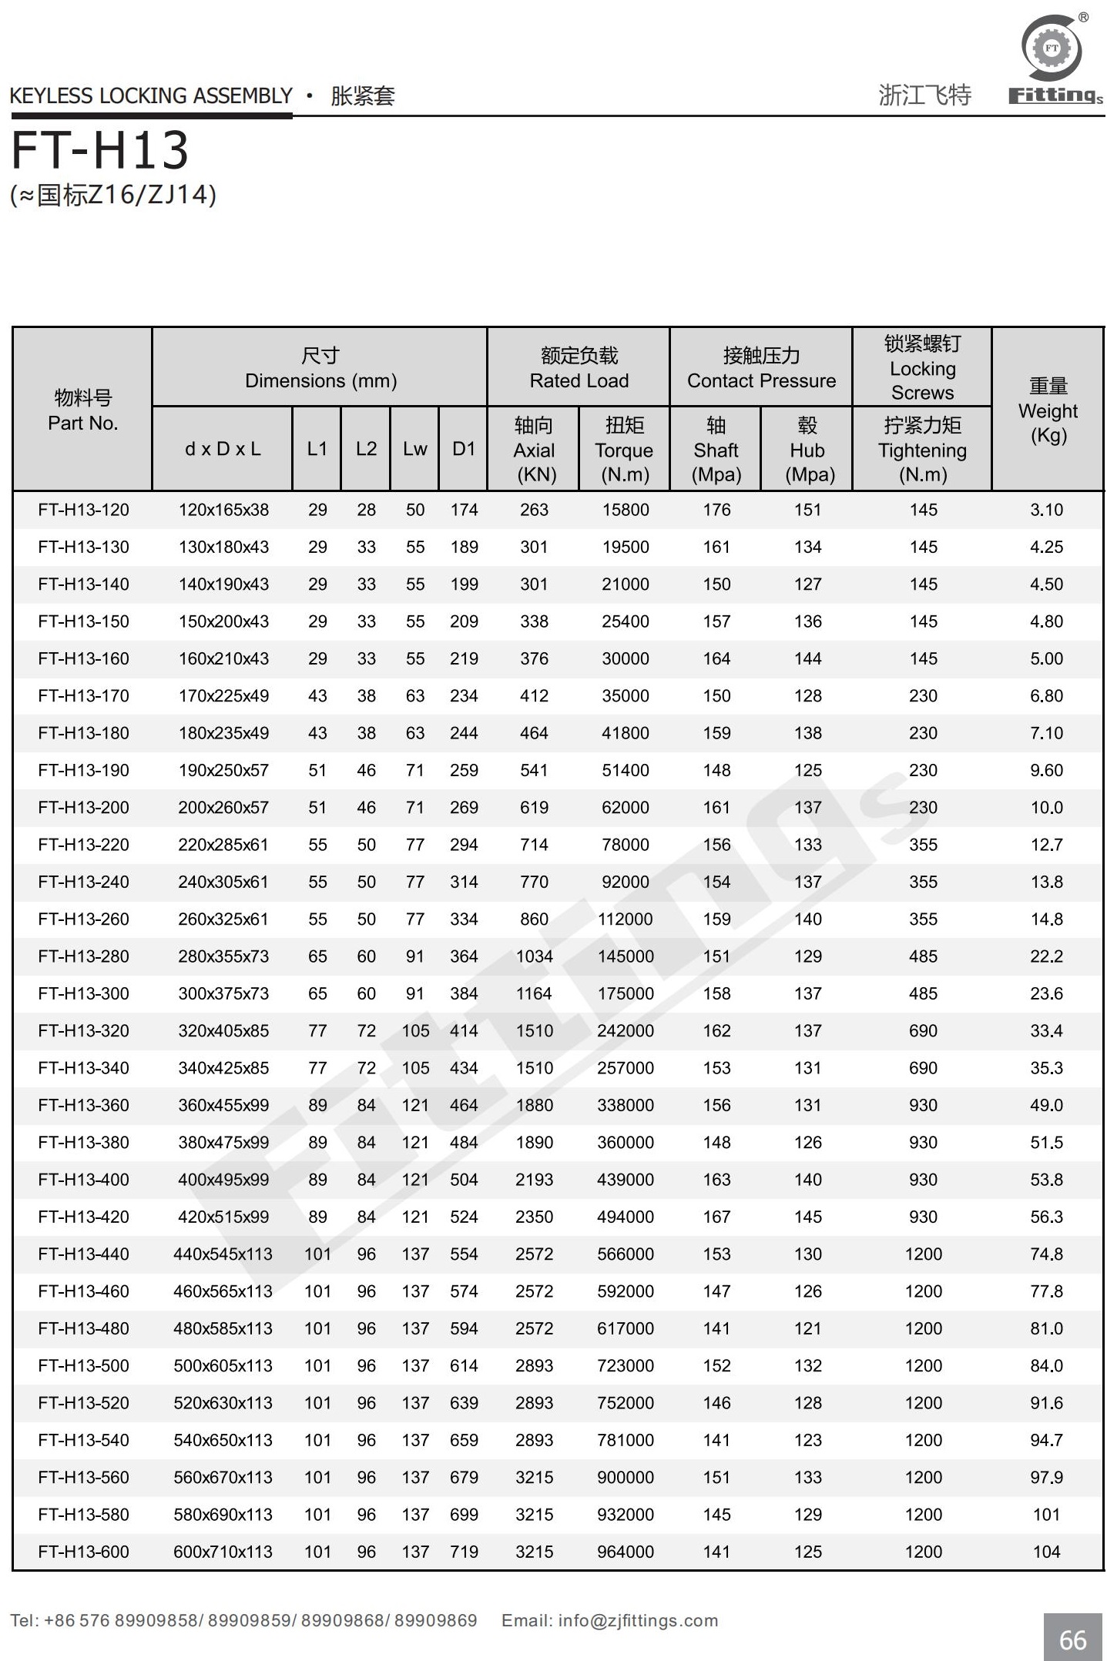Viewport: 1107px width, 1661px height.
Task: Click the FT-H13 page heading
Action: (100, 150)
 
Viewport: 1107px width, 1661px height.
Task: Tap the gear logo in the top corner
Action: (1052, 49)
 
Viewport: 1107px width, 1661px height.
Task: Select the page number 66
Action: (1072, 1639)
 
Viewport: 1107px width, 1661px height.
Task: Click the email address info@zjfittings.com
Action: (638, 1620)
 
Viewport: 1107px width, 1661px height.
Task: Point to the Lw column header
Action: (414, 449)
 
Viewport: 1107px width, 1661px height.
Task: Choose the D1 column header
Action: (464, 449)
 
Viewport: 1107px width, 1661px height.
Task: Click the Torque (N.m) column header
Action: (624, 450)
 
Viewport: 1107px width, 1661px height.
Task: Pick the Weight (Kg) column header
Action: (1048, 410)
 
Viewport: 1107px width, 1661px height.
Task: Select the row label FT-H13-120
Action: (83, 510)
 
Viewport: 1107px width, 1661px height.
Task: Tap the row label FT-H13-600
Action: (83, 1552)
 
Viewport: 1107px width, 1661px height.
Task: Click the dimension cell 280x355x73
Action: (223, 956)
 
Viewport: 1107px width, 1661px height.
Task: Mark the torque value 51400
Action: (625, 770)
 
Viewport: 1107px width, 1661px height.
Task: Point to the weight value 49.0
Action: (1046, 1105)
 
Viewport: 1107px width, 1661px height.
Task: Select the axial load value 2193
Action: (534, 1180)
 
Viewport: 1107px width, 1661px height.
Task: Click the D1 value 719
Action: (464, 1552)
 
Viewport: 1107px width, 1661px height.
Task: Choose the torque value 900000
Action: (625, 1477)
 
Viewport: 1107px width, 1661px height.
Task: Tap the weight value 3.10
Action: (1046, 510)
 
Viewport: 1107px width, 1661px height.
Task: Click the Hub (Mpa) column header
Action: (807, 450)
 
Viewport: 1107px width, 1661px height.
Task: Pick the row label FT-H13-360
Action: (83, 1105)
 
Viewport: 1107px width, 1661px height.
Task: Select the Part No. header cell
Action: (83, 410)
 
